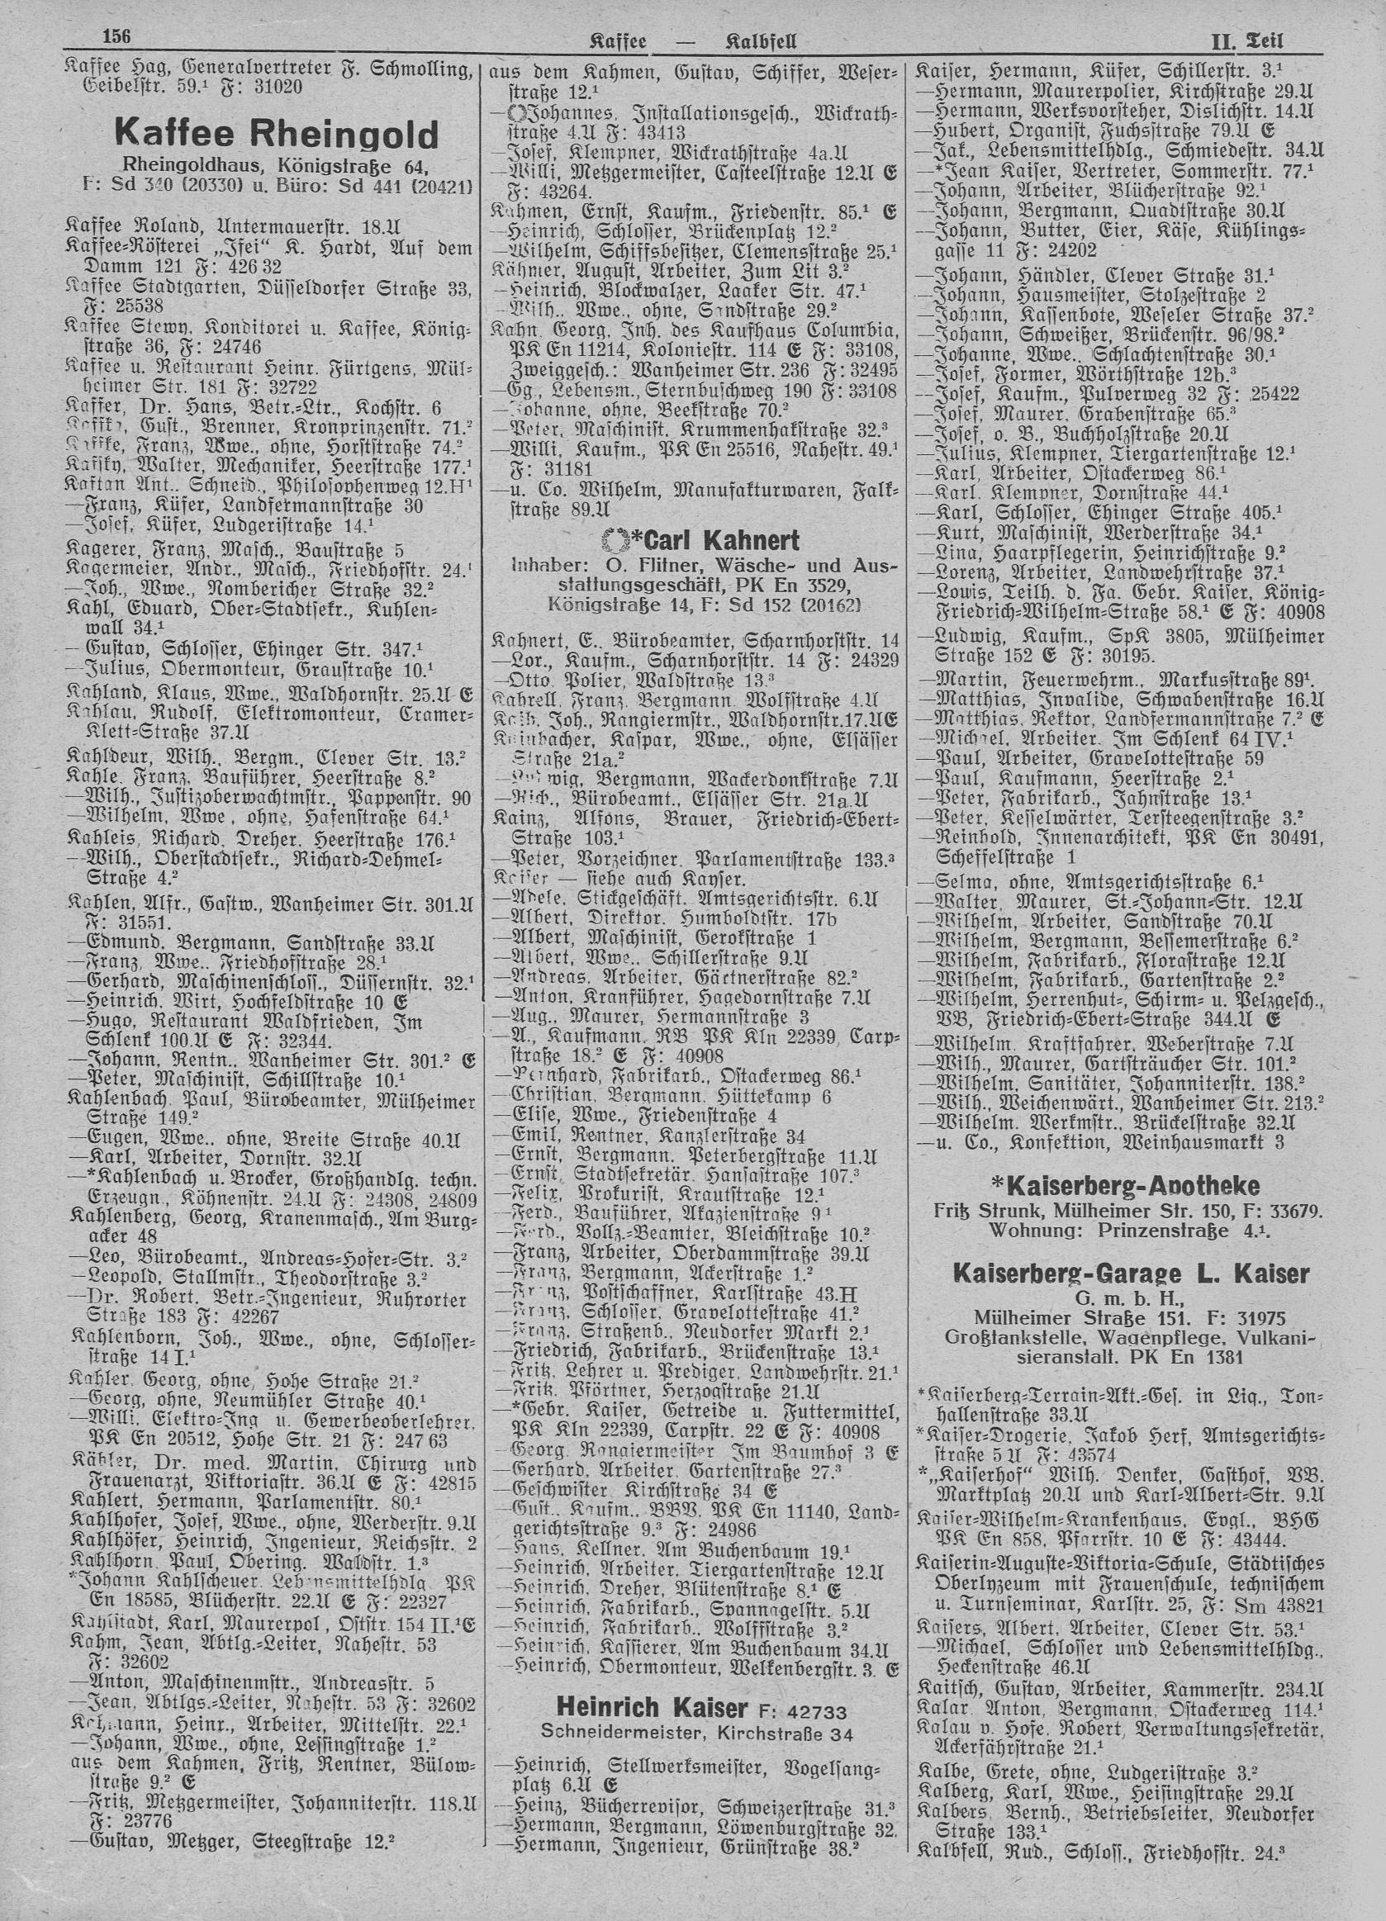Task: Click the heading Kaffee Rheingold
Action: click(277, 133)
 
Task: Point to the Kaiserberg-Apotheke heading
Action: click(1123, 1185)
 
